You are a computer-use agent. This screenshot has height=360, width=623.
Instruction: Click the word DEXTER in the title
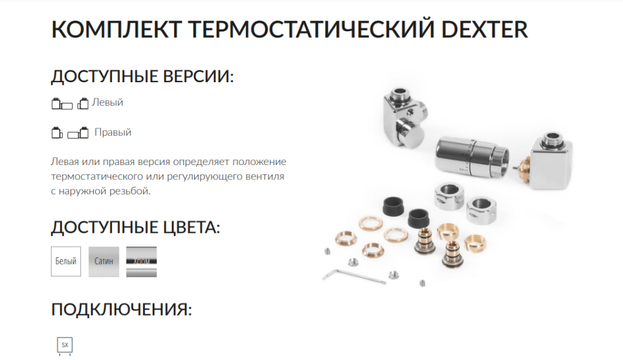pos(484,29)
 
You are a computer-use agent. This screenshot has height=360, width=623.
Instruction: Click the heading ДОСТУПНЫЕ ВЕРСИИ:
pos(142,76)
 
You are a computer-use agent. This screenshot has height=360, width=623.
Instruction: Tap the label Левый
pos(107,103)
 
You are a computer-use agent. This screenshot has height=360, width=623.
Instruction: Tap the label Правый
pos(112,132)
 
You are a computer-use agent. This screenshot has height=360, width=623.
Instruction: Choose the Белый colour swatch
pos(66,261)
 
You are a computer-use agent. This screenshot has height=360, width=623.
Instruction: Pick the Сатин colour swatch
pos(103,262)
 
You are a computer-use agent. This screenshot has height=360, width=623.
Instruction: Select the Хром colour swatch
pos(141,262)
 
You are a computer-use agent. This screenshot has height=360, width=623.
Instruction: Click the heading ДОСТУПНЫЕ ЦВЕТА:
pos(135,227)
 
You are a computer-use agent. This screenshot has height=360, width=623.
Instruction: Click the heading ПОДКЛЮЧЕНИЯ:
pos(121,309)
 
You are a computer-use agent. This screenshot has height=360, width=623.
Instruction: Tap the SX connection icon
pos(65,345)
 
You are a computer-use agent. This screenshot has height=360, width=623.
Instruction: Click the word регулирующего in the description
pos(204,176)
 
